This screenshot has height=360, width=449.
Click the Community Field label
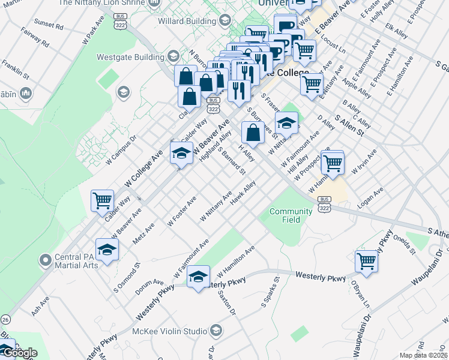tap(291, 215)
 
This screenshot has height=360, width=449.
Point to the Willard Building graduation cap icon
tap(224, 21)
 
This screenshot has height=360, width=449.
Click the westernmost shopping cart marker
tap(102, 200)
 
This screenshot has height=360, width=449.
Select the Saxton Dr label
tap(228, 303)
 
